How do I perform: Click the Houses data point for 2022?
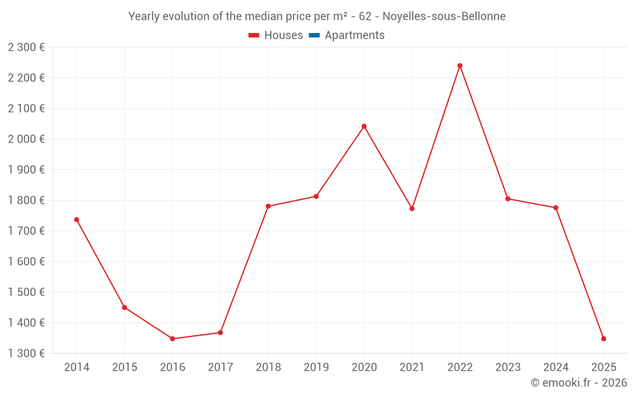click(460, 66)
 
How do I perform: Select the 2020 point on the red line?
click(364, 126)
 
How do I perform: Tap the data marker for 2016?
click(172, 338)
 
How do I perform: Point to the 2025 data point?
click(604, 338)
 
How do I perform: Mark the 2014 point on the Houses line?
click(77, 220)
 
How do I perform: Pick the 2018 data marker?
click(268, 206)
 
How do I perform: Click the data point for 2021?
click(412, 208)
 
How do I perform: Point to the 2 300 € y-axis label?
click(26, 47)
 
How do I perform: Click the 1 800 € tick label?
click(26, 200)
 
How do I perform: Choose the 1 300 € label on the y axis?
click(26, 353)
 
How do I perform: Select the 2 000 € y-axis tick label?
click(26, 139)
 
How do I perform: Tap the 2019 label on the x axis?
click(316, 367)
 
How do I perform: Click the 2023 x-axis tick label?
click(508, 367)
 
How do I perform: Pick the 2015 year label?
click(124, 367)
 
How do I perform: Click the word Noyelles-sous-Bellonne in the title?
click(444, 16)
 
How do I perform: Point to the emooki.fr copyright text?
click(579, 383)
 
